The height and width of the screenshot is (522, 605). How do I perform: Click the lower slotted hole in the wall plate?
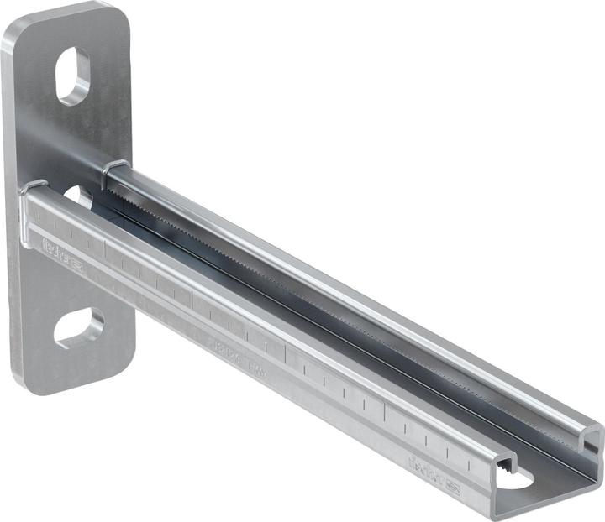tap(79, 327)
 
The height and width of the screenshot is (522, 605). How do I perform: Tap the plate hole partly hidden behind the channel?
tap(79, 196)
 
